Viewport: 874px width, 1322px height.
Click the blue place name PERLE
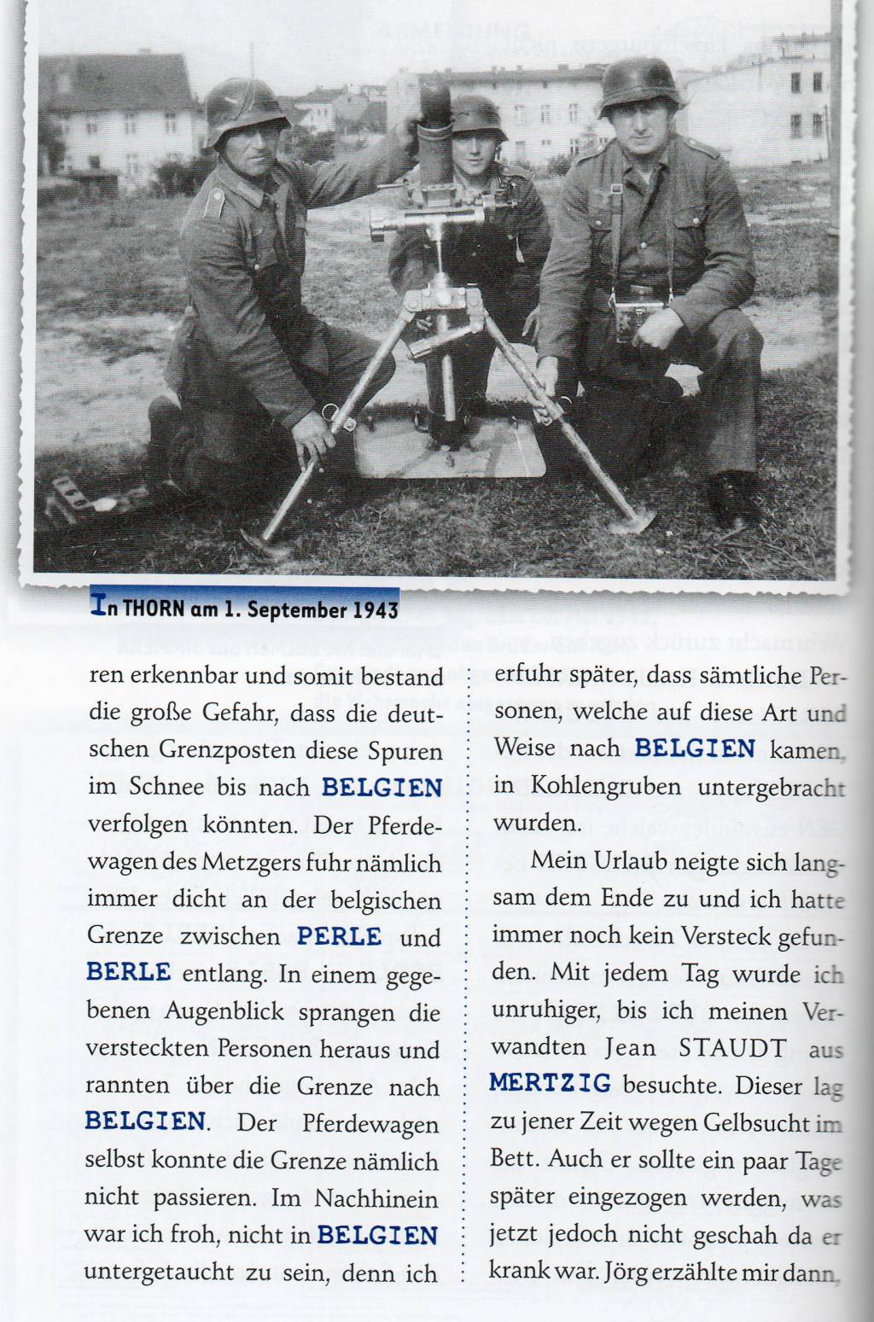339,935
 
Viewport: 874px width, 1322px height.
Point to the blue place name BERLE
128,972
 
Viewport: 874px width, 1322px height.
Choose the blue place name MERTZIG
551,1084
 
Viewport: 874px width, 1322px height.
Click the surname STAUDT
733,1048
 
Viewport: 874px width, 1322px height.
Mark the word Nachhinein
376,1198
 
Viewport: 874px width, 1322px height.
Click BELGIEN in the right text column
695,749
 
